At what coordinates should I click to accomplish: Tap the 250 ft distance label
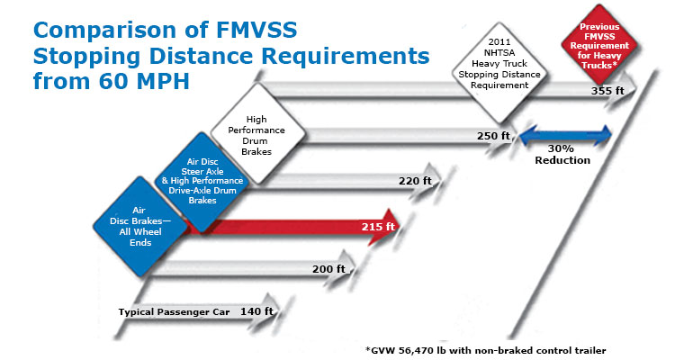tap(494, 136)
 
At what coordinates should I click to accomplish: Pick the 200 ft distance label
tap(329, 268)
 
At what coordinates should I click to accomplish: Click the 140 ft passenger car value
tap(256, 311)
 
